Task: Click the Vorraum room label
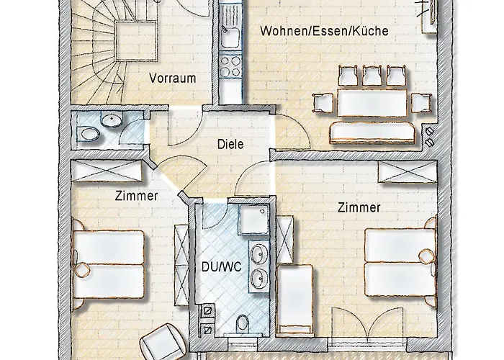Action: point(173,78)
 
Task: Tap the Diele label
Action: point(230,144)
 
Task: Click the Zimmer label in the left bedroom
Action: point(136,195)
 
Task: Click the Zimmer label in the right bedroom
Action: point(358,208)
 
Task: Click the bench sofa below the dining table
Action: point(372,132)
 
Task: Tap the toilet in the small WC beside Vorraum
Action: point(90,133)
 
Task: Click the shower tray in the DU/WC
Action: point(252,220)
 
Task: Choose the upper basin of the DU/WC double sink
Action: point(258,252)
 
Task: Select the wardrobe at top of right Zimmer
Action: point(407,173)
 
